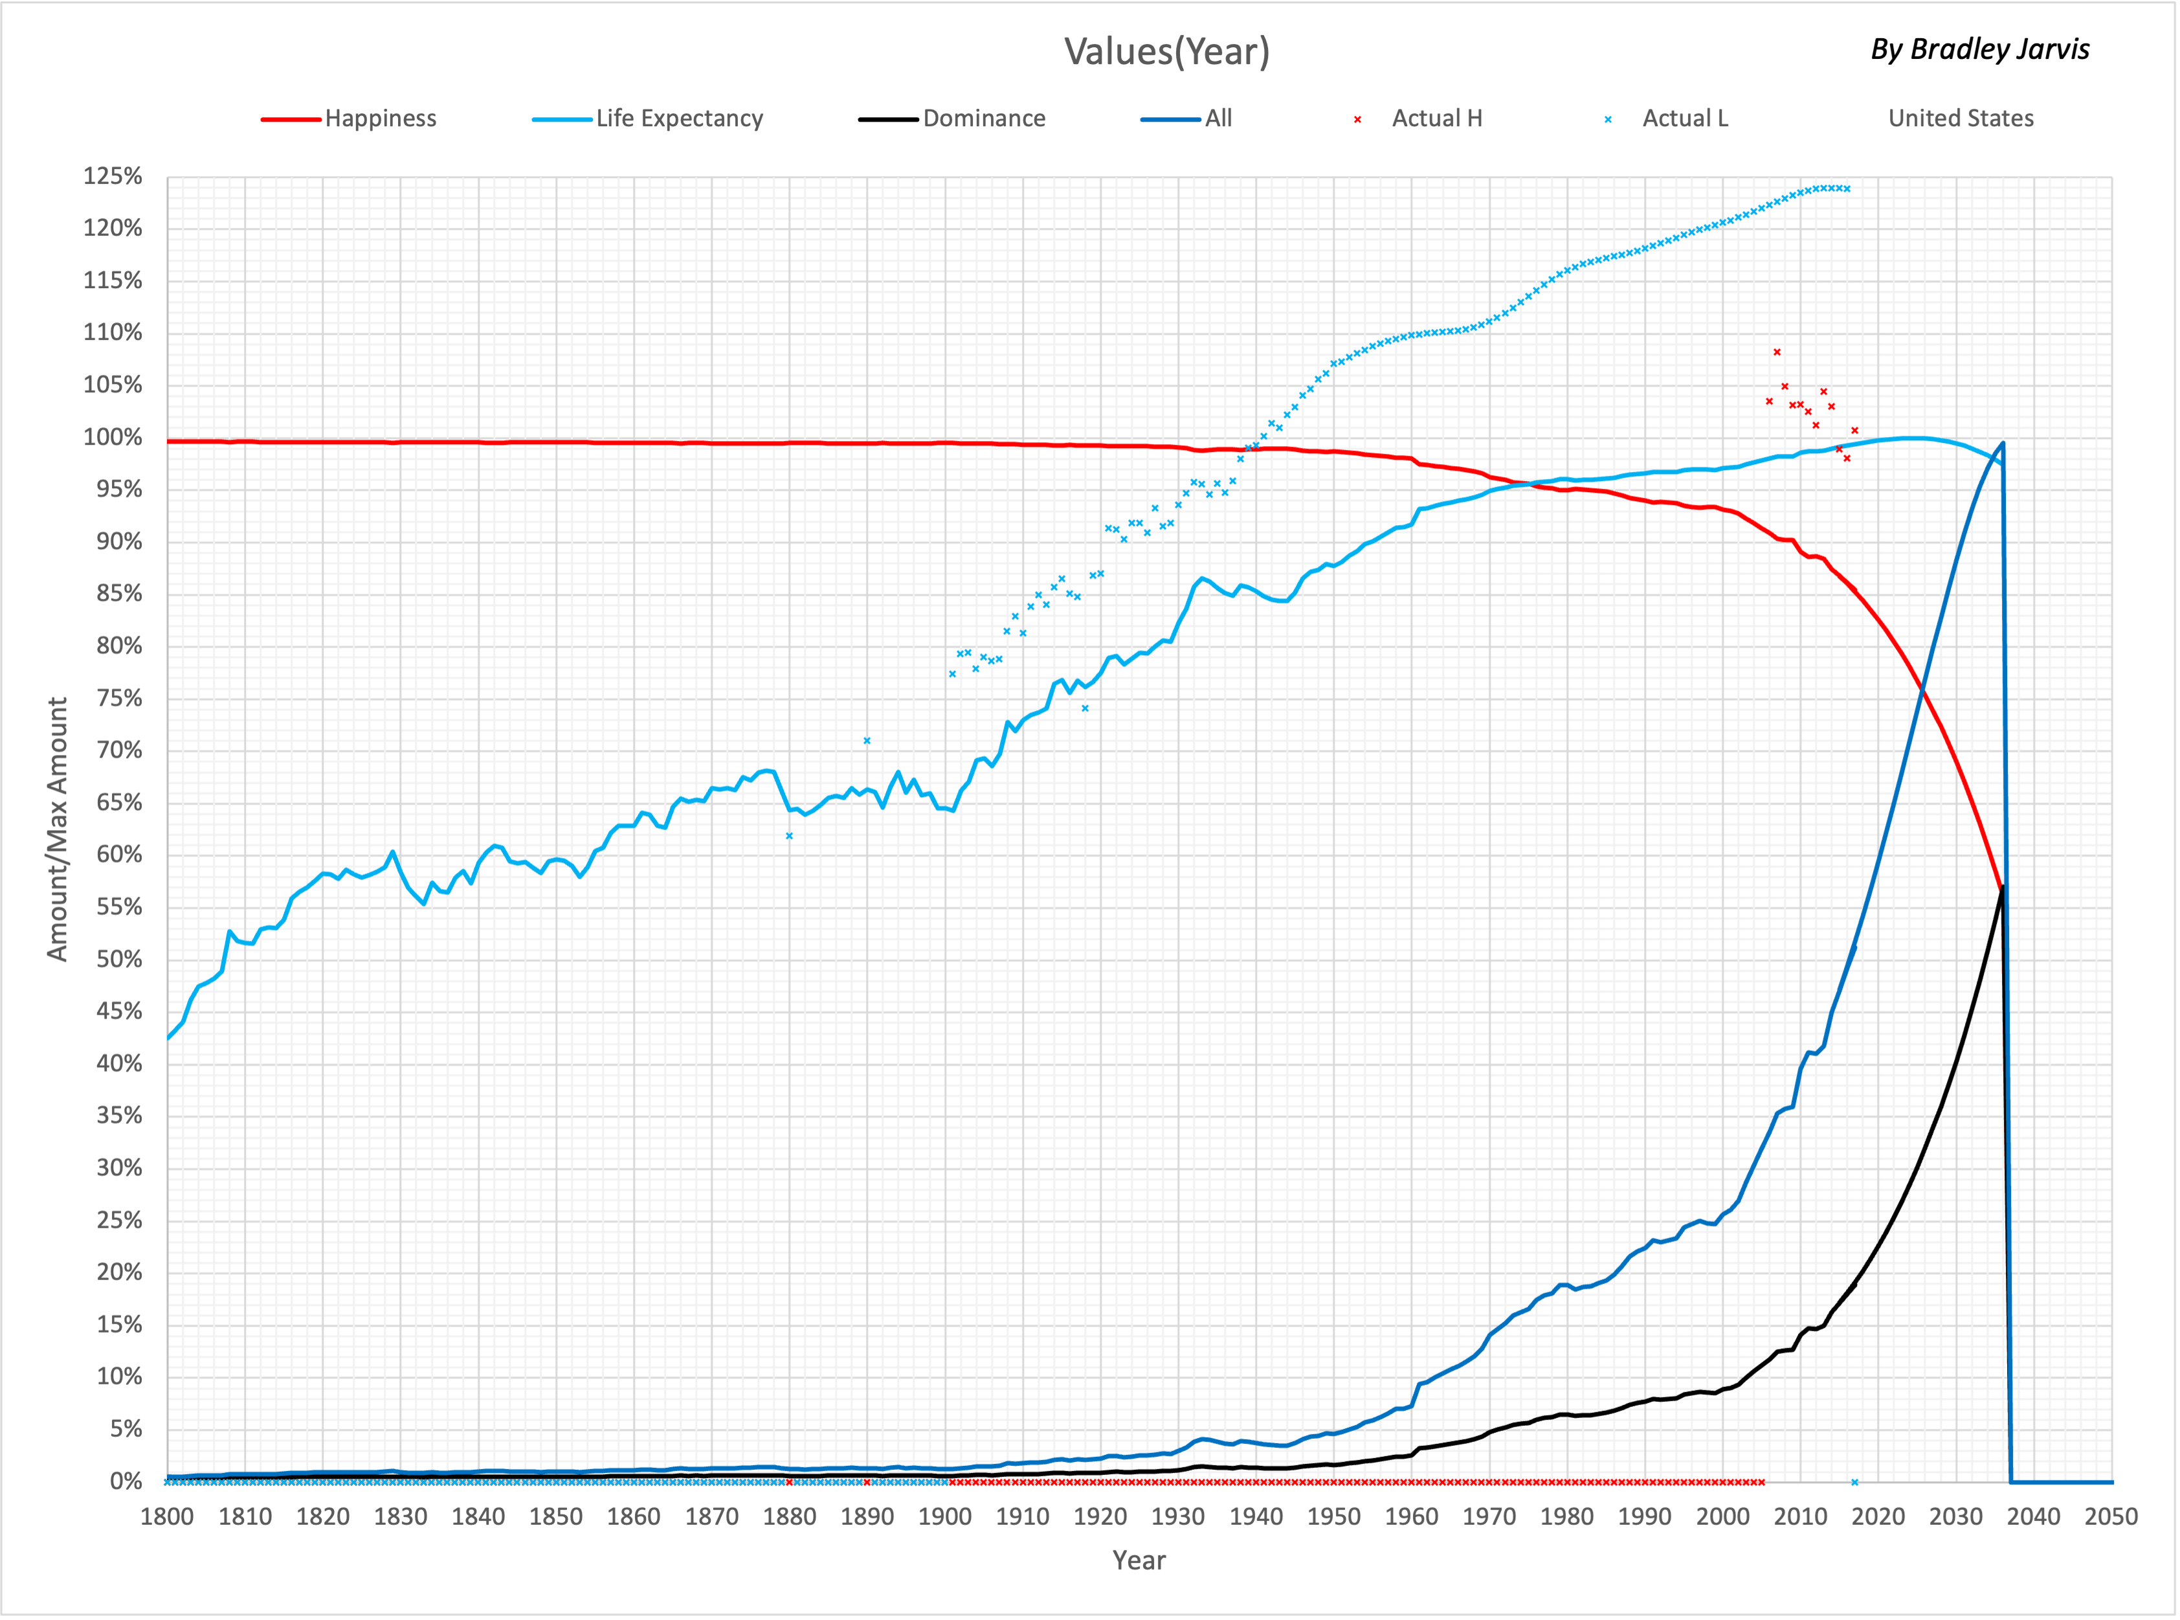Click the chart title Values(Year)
[x=1166, y=51]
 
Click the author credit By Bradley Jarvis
[x=1979, y=49]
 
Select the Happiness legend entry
[x=381, y=118]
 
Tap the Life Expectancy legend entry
[x=678, y=118]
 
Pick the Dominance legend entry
[x=983, y=118]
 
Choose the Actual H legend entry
[x=1436, y=118]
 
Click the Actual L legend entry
[x=1684, y=118]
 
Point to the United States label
[x=1961, y=118]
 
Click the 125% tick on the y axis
[x=113, y=177]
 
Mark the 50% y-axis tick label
[x=118, y=959]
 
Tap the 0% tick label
[x=126, y=1481]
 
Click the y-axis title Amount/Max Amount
[x=57, y=829]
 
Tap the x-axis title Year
[x=1139, y=1560]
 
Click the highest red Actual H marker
[x=1777, y=352]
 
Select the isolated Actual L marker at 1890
[x=867, y=740]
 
